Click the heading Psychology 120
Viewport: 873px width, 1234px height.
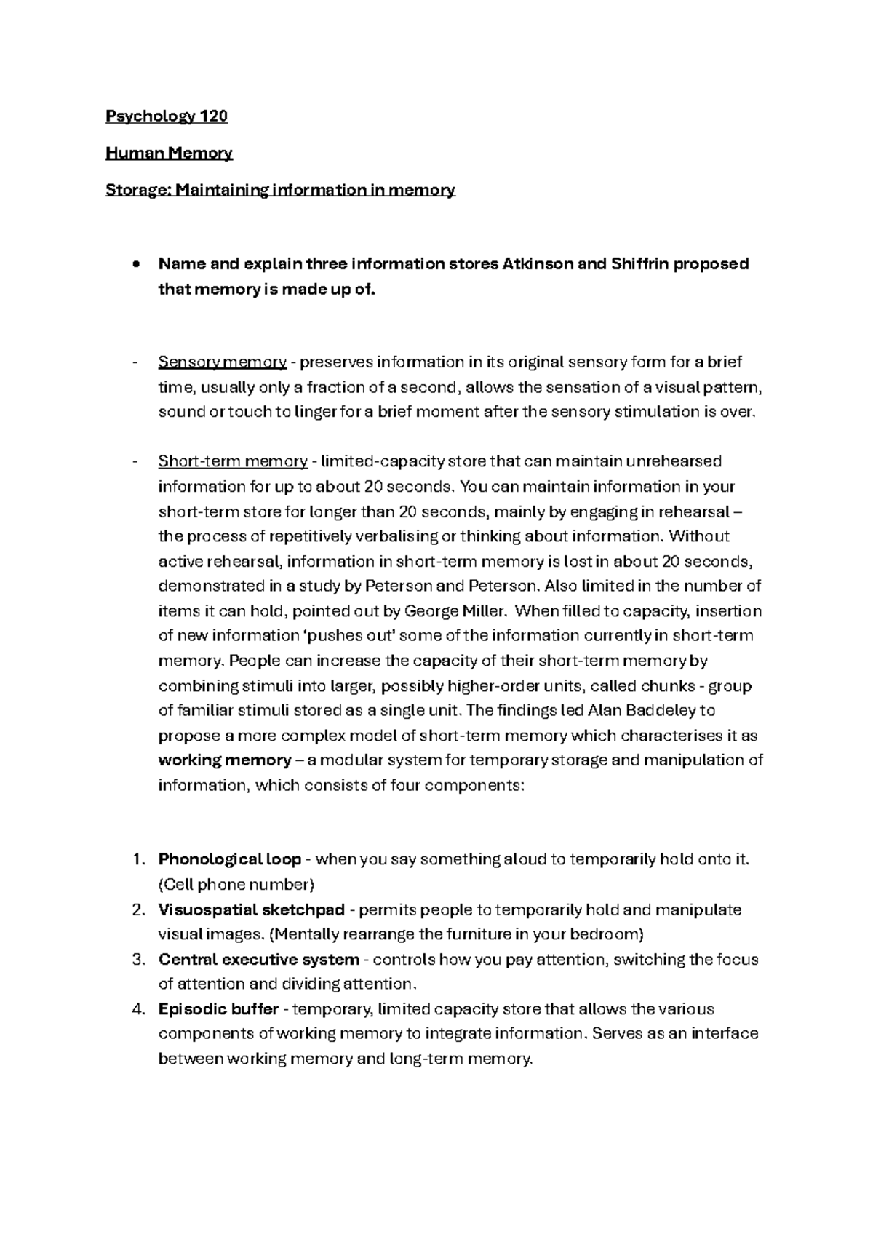point(167,116)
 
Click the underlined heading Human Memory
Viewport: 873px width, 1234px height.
point(169,154)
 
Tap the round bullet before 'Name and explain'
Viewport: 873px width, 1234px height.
point(136,265)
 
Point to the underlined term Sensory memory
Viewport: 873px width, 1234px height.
point(222,362)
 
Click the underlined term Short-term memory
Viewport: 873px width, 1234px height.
point(233,461)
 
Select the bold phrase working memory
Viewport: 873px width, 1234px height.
point(224,760)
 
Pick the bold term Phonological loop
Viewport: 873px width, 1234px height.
point(229,859)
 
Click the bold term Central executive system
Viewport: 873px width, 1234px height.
point(258,960)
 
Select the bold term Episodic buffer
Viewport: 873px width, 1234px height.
point(218,1009)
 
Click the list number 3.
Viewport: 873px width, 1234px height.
point(140,960)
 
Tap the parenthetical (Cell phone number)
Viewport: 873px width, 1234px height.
point(236,885)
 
